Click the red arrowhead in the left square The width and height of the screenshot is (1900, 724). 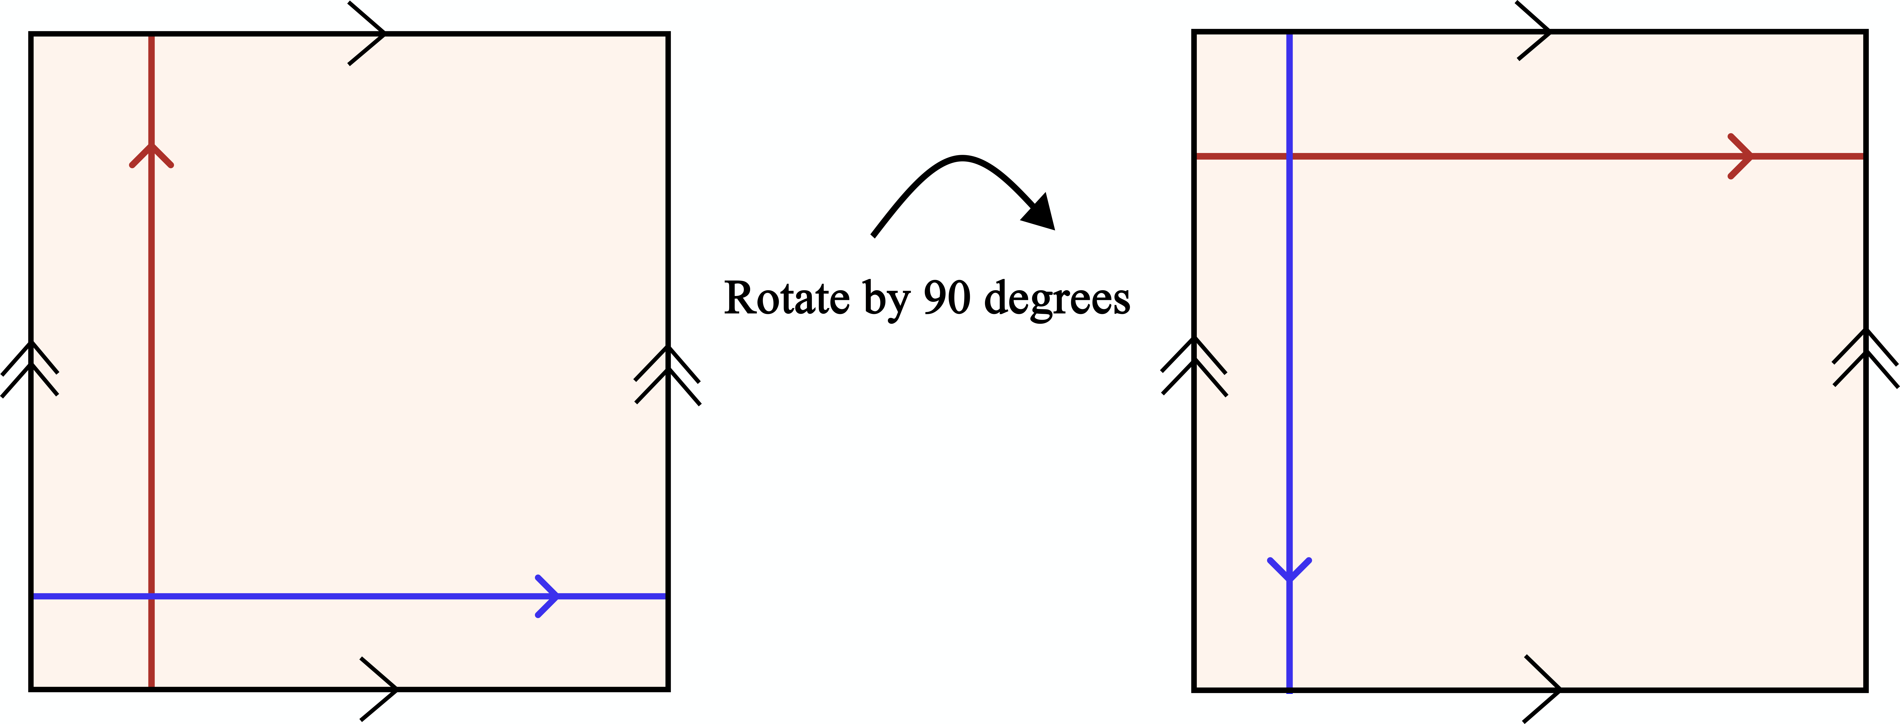[x=151, y=153]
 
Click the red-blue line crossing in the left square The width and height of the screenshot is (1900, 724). [x=151, y=596]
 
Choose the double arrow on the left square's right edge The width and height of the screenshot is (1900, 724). [x=667, y=374]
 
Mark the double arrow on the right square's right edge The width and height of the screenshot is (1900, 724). [x=1865, y=358]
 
